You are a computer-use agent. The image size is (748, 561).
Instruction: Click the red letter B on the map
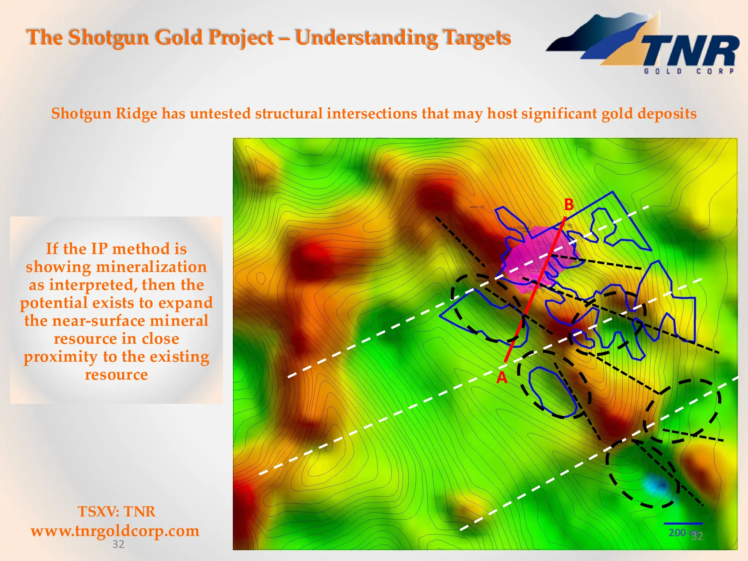[x=569, y=205]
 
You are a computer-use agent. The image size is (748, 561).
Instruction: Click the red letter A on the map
[x=502, y=378]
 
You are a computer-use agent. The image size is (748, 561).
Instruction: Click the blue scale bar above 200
[x=683, y=524]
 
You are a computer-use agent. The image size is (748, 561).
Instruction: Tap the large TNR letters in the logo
[x=690, y=51]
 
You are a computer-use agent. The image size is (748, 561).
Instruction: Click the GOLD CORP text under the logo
[x=689, y=72]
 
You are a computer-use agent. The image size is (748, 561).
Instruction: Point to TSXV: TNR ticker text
[x=116, y=511]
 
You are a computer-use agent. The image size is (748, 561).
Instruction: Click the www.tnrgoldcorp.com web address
[x=115, y=531]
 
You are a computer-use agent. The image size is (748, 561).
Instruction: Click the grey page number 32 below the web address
[x=118, y=544]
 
